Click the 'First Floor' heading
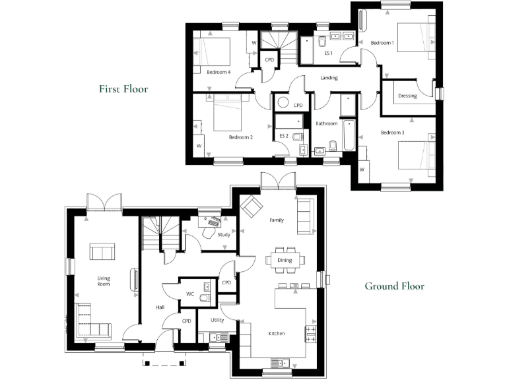[x=123, y=88]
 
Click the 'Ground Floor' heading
[x=394, y=286]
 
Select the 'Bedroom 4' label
[x=219, y=72]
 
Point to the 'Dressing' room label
[x=407, y=96]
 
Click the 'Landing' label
[x=329, y=78]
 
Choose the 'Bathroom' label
[x=326, y=123]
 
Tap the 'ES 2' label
[x=285, y=136]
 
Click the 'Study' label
[x=223, y=234]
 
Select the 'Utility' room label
[x=217, y=320]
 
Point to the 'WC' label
[x=189, y=294]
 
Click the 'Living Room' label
[x=104, y=281]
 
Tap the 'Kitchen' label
[x=276, y=334]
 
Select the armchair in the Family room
[x=251, y=206]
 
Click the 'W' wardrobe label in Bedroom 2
[x=198, y=145]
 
